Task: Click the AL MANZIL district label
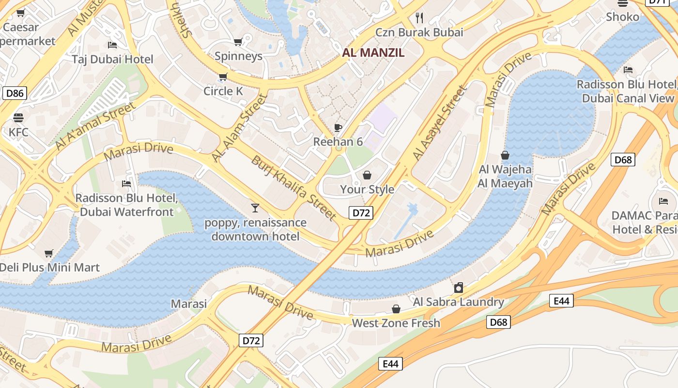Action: point(373,53)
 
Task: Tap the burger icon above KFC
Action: point(18,118)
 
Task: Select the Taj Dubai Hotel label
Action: point(112,59)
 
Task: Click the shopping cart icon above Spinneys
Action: point(238,42)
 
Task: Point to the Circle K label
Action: point(223,91)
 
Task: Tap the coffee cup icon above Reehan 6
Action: point(338,128)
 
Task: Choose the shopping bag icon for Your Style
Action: point(367,175)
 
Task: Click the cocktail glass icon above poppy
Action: point(255,208)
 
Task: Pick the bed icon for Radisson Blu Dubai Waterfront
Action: point(126,184)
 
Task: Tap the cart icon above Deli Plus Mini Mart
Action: point(48,253)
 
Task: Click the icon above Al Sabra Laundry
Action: point(458,288)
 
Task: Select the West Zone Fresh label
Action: point(396,323)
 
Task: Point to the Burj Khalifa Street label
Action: point(293,187)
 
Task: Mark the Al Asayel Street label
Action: point(440,123)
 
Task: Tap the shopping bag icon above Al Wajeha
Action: point(505,155)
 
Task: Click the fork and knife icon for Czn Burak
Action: point(419,18)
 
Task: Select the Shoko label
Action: point(622,17)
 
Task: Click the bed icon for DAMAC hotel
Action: point(663,201)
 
